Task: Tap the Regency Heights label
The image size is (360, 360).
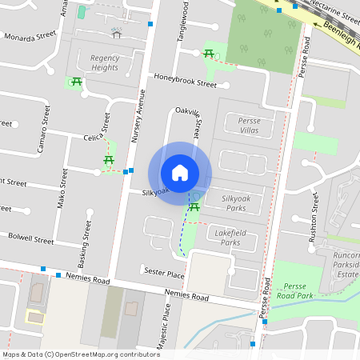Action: tap(104, 62)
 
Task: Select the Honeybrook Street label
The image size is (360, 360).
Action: tap(185, 82)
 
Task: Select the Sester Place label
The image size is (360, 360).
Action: tap(166, 274)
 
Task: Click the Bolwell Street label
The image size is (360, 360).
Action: tap(30, 238)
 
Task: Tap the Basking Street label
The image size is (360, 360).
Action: tap(82, 245)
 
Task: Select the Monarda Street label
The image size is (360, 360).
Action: tap(30, 37)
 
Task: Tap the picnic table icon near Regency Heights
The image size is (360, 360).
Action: tap(78, 82)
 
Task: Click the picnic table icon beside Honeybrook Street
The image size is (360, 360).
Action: tap(208, 53)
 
